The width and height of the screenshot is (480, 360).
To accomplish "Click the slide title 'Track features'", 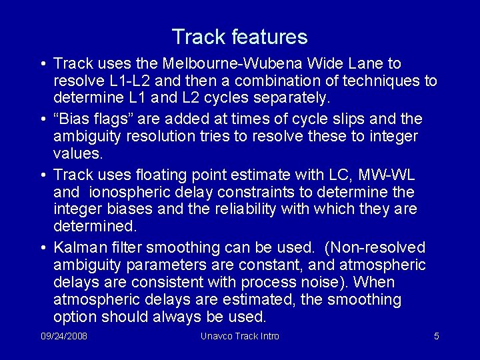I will click(239, 37).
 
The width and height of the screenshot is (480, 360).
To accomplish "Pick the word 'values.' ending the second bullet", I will click(78, 154).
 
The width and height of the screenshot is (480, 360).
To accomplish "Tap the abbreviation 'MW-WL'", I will click(386, 175).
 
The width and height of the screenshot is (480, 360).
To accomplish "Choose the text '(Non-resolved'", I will click(375, 248).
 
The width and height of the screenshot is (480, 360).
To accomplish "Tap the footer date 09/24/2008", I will click(63, 336).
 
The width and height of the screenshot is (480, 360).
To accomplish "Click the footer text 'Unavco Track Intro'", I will click(239, 336).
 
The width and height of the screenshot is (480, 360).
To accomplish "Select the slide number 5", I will click(436, 336).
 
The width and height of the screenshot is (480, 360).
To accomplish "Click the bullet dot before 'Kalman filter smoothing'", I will click(42, 249).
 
